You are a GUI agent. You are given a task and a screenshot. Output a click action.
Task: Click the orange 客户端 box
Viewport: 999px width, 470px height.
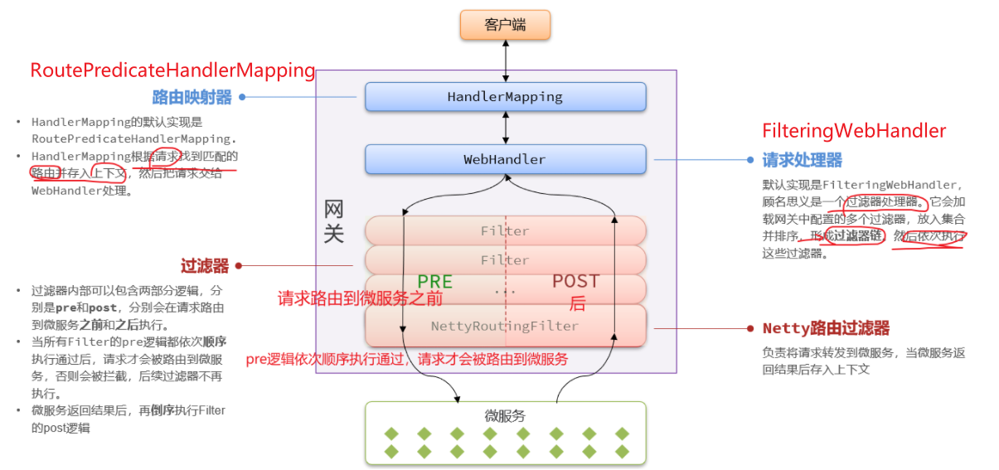coord(505,25)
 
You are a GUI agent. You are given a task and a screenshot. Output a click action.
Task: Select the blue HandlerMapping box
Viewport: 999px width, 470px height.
coord(505,97)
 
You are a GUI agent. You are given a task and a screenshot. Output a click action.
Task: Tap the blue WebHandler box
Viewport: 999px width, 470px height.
coord(505,159)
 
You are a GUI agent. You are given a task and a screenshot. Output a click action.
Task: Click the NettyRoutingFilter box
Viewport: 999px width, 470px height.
coord(505,327)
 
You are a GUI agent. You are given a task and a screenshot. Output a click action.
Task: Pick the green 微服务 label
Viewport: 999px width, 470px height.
coord(505,416)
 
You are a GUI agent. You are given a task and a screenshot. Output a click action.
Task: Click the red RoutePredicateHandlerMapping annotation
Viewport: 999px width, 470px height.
coord(172,70)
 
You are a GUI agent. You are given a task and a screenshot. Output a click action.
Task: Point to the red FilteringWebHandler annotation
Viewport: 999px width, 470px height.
coord(854,131)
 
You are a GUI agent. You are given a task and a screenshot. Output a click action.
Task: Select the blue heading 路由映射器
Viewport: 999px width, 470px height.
coord(192,97)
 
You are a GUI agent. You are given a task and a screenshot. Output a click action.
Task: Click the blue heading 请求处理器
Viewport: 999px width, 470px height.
coord(803,160)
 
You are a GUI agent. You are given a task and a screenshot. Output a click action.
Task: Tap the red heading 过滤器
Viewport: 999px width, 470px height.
coord(205,266)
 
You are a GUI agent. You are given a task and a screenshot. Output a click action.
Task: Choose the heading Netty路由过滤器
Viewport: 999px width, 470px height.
coord(826,328)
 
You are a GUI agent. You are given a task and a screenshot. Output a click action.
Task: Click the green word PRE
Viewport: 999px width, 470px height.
coord(434,282)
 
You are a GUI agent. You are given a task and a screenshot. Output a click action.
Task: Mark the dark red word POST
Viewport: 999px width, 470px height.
coord(575,282)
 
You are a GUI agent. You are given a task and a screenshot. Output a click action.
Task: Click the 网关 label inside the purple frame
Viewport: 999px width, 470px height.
coord(333,221)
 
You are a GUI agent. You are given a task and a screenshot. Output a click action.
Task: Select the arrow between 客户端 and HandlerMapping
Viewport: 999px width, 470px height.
coord(505,61)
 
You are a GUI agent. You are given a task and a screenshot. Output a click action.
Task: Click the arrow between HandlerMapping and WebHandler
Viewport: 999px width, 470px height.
coord(505,128)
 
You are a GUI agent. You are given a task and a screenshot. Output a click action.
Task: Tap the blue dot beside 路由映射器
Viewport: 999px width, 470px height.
coord(242,97)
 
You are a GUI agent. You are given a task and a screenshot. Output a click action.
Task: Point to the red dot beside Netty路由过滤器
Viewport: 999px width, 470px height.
coord(750,328)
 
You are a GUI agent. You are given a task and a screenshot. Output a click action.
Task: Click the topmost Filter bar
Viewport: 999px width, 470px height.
coord(505,231)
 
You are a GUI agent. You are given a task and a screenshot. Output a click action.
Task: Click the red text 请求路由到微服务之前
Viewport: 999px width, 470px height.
coord(361,298)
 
